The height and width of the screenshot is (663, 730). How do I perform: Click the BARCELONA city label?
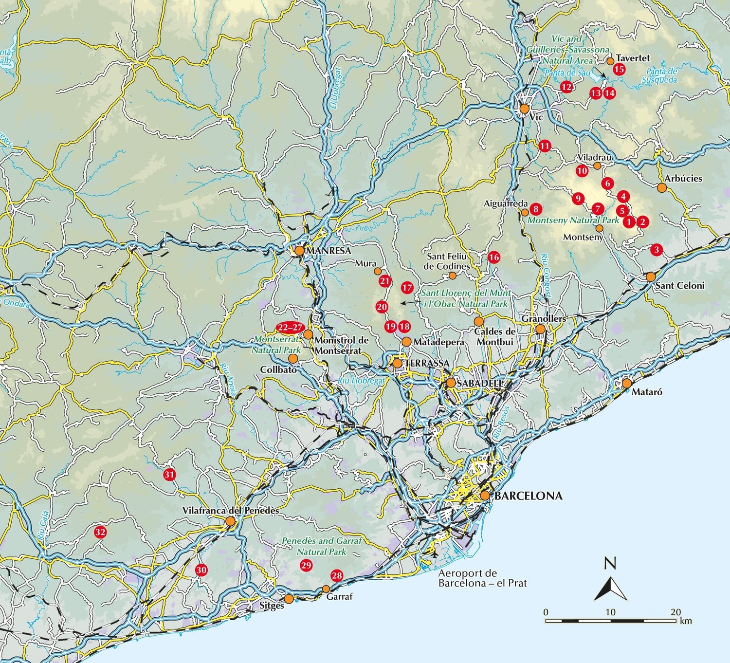(528, 496)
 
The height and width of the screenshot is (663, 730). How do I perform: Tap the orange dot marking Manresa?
(299, 250)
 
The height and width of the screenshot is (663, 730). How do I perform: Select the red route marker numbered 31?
(169, 475)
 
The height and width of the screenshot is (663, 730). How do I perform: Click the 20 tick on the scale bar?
(675, 612)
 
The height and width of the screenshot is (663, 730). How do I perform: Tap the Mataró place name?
(647, 392)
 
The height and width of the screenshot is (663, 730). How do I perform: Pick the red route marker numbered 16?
(493, 258)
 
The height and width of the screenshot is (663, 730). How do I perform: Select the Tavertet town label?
(633, 58)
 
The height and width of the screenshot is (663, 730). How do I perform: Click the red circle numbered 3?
(657, 250)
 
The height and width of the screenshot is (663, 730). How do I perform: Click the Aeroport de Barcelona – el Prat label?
(482, 578)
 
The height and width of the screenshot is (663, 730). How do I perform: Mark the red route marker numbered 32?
(100, 532)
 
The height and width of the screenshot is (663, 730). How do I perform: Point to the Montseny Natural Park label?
(573, 220)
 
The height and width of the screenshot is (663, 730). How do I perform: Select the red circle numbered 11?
(544, 146)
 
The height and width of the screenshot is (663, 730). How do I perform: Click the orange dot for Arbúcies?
(661, 187)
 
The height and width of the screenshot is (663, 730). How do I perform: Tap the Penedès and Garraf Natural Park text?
(322, 547)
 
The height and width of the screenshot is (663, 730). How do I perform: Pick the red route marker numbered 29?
(306, 565)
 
